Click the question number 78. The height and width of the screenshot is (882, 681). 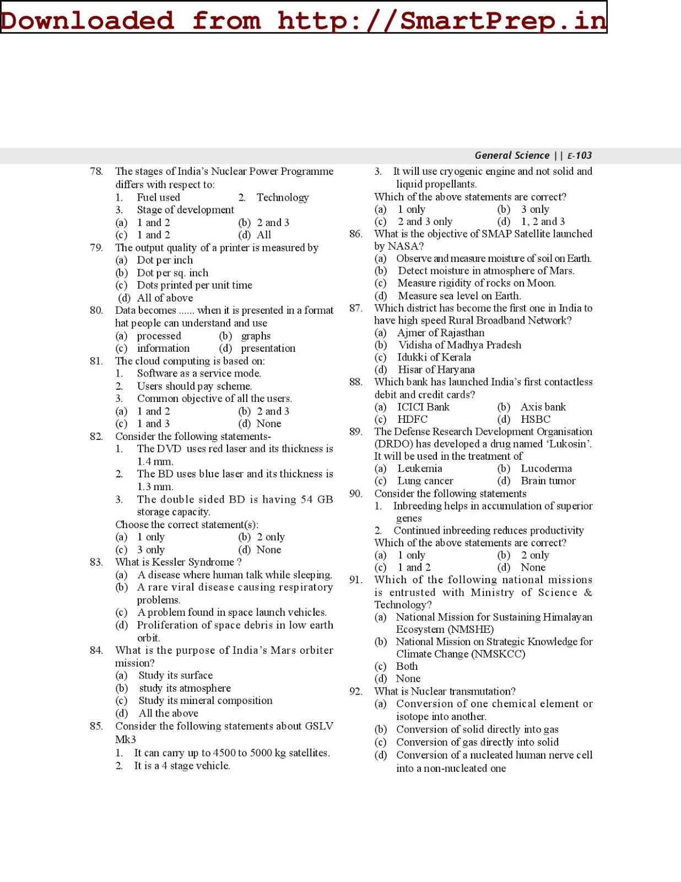point(96,171)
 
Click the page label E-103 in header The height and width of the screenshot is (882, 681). point(579,155)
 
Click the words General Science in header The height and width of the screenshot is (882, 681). point(512,155)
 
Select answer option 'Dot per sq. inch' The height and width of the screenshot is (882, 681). point(172,273)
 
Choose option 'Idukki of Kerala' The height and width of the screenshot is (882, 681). point(434,357)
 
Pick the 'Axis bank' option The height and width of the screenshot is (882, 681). point(543,407)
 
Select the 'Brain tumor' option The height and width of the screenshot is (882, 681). point(548,481)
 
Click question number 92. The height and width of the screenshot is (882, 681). point(355,691)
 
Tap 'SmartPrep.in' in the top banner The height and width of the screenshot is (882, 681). point(502,20)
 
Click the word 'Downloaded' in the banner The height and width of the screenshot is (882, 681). point(87,20)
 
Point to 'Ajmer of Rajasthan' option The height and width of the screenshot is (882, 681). point(441,333)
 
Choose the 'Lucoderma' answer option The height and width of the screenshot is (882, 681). point(546,469)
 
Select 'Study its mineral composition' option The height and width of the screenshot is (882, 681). point(205,701)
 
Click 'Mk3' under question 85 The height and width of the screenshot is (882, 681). point(125,740)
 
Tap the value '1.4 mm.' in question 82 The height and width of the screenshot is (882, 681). point(155,462)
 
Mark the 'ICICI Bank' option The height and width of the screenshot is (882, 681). point(423,407)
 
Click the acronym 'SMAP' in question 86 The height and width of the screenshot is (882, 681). point(496,234)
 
